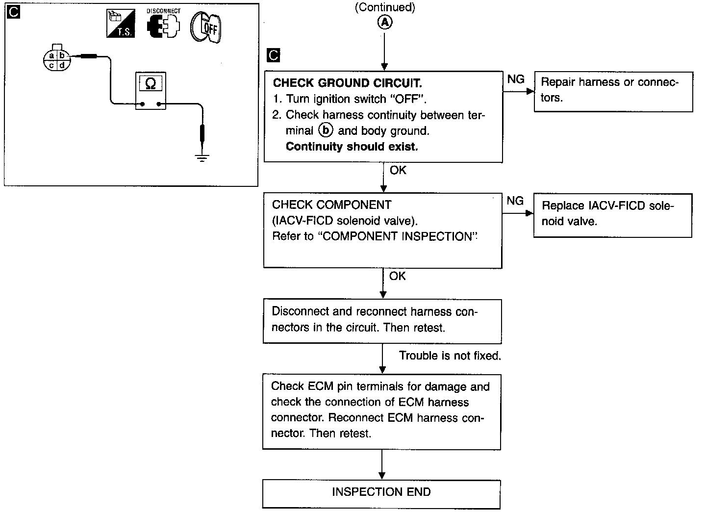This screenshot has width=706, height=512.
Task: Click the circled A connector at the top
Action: click(x=384, y=23)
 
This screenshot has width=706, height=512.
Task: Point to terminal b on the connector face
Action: click(x=62, y=56)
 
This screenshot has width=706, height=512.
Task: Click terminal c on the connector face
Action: click(x=51, y=65)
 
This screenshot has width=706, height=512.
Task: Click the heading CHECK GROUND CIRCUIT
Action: click(x=347, y=83)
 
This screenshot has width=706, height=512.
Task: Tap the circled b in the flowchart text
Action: click(x=325, y=130)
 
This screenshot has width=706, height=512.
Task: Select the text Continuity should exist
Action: click(x=352, y=146)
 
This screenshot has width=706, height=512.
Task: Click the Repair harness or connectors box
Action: click(x=613, y=91)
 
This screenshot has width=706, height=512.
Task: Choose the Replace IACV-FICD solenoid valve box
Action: click(x=612, y=215)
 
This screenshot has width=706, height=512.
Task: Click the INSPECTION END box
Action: click(x=381, y=492)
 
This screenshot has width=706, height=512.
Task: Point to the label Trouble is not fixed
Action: click(x=450, y=356)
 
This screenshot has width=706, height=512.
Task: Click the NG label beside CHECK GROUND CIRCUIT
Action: click(x=515, y=79)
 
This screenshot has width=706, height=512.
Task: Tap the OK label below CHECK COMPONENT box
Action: click(x=397, y=276)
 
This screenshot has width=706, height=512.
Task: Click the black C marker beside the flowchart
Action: click(x=273, y=55)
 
